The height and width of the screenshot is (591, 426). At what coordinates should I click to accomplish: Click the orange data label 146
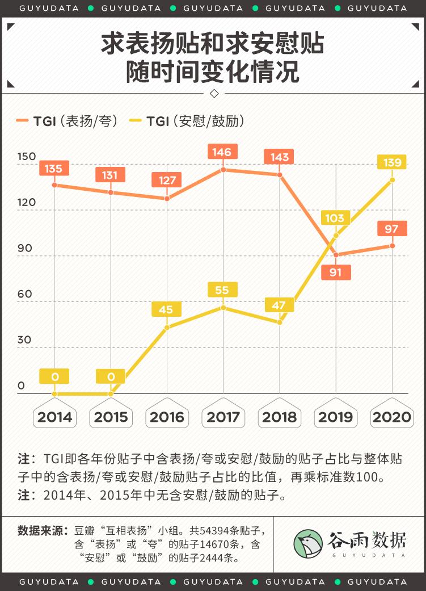pos(222,152)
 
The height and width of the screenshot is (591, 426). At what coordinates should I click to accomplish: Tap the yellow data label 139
pos(392,162)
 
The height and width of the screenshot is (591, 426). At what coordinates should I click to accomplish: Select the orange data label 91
pos(336,272)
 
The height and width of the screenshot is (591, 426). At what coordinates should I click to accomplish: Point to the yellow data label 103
pos(336,218)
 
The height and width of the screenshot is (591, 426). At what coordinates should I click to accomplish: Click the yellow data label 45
pos(166,309)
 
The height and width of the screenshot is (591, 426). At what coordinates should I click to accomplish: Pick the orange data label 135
pos(54,168)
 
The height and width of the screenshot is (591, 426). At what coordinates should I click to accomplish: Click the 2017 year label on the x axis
pos(223,417)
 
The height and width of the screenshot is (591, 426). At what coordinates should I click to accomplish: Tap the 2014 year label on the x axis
pos(54,417)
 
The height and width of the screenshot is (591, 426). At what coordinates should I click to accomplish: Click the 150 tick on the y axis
pos(26,157)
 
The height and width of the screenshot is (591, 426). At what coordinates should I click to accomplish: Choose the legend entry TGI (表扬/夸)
pos(67,120)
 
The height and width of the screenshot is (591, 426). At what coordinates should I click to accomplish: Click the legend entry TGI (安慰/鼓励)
pos(187,120)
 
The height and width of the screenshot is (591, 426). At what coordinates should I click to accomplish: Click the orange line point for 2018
pos(280,175)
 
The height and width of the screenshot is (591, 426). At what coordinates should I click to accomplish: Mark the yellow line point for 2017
pos(223,308)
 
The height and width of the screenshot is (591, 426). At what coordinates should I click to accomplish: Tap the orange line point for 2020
pos(392,245)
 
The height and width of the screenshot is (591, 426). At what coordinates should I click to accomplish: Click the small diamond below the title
pos(213,93)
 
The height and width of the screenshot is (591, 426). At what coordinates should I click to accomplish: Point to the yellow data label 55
pos(223,290)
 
